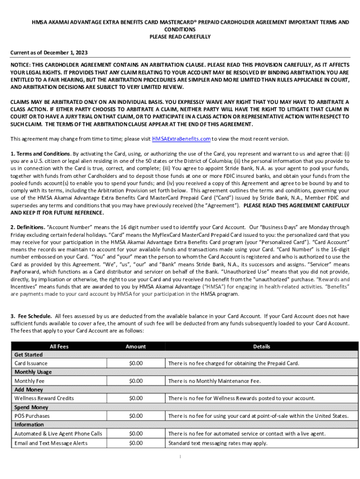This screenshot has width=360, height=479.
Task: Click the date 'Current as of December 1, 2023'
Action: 49,53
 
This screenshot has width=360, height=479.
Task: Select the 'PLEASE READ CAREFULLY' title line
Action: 180,36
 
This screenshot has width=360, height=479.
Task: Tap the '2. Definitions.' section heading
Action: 28,227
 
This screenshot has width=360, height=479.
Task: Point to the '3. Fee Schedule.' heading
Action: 31,316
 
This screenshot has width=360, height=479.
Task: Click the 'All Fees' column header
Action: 59,347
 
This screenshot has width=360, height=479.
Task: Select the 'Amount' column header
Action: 136,347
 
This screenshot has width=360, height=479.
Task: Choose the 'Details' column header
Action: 261,347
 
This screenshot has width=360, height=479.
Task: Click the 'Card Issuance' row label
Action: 31,363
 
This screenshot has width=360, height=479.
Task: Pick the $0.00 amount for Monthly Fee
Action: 136,381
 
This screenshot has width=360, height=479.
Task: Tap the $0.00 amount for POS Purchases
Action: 136,416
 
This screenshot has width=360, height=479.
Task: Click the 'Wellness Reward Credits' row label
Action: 44,399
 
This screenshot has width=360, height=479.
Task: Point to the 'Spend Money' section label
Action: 31,407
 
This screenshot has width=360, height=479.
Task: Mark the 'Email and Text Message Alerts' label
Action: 51,443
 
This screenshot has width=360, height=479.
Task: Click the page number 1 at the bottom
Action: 180,457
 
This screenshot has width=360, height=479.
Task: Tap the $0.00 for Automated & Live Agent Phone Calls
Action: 136,434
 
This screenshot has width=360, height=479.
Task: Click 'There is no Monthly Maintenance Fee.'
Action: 214,381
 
